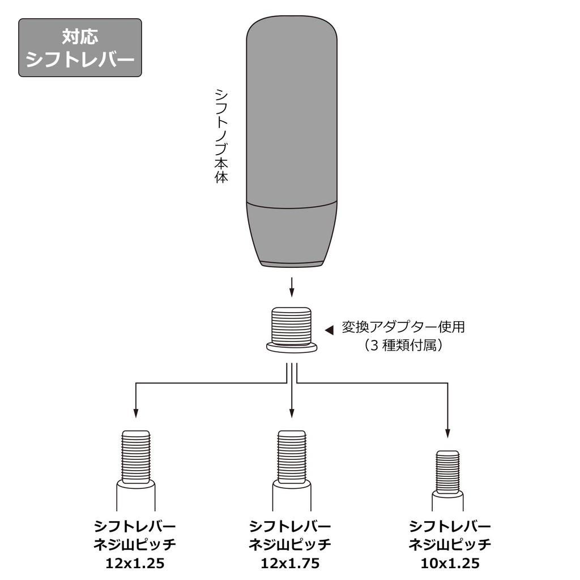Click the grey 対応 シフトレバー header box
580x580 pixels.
pyautogui.click(x=80, y=48)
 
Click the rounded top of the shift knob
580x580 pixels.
pyautogui.click(x=292, y=40)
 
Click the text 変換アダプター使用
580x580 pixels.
pyautogui.click(x=403, y=327)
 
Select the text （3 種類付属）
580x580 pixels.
pyautogui.click(x=403, y=346)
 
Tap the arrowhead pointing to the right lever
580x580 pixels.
pyautogui.click(x=447, y=433)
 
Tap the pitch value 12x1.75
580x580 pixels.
pyautogui.click(x=291, y=564)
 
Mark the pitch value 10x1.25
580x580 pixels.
pyautogui.click(x=450, y=564)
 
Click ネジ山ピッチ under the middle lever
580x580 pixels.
pyautogui.click(x=291, y=545)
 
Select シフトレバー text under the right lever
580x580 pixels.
pyautogui.click(x=450, y=526)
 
